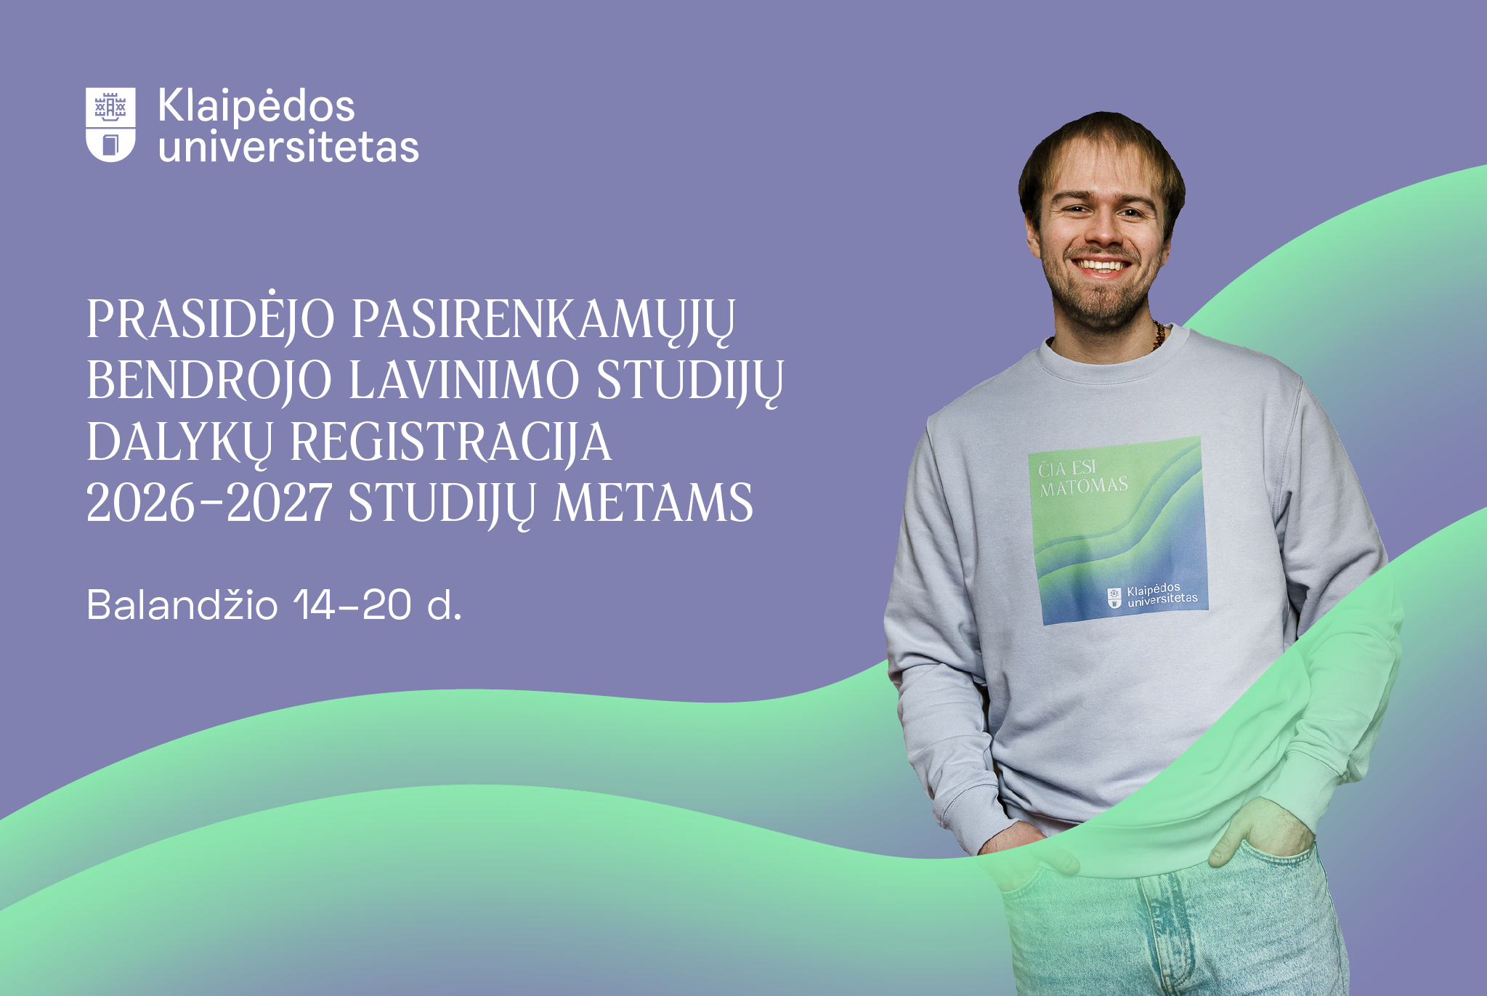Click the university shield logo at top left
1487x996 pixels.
110,124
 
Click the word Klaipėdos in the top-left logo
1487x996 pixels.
256,106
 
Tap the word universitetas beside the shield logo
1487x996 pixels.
288,147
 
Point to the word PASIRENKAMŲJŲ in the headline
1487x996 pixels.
543,320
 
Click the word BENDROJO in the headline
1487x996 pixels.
209,380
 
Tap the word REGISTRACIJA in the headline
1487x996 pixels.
451,442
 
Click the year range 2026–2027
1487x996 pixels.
209,503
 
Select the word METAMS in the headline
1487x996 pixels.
654,503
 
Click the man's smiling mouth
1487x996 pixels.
1101,266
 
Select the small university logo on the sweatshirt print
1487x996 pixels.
1152,595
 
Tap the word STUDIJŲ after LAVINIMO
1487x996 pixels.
690,380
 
